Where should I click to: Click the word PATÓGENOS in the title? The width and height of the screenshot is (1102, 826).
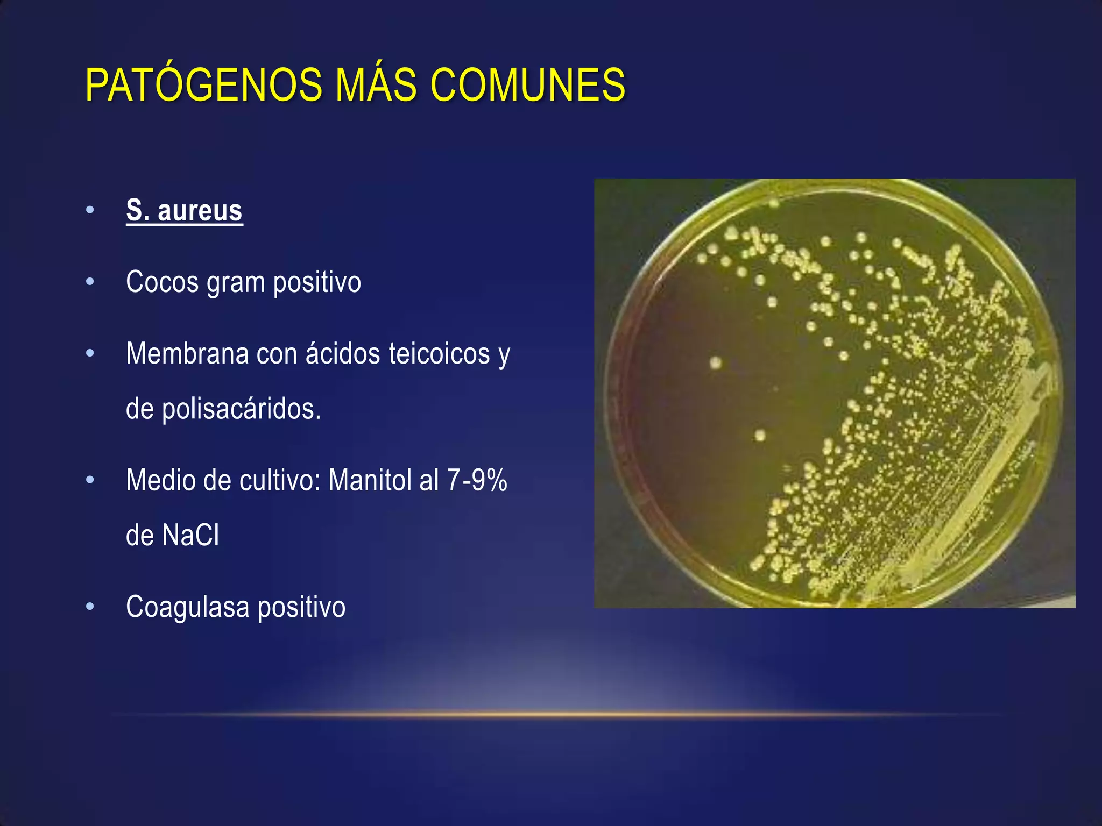203,85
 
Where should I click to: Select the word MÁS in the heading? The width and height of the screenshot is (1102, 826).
376,85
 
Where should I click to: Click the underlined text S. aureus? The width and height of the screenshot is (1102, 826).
184,210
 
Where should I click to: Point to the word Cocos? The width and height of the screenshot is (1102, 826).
162,282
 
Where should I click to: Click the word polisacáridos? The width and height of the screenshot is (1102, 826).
242,409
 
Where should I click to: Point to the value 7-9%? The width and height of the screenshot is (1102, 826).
477,480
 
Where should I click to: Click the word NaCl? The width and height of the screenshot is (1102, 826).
191,535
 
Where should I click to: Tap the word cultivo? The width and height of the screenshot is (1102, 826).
280,480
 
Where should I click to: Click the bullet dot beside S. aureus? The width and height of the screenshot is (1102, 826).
90,210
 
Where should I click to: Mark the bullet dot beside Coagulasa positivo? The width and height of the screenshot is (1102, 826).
90,607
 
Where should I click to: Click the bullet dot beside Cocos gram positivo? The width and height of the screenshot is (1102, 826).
90,281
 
